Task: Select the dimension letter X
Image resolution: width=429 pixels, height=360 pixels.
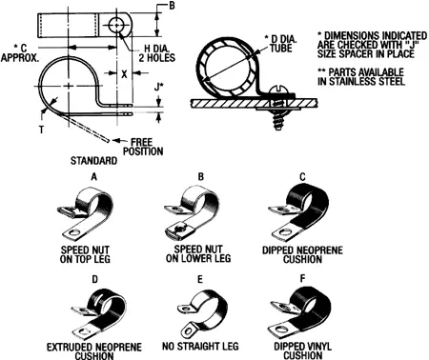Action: (125, 73)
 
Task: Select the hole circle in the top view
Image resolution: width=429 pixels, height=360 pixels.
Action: (117, 22)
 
